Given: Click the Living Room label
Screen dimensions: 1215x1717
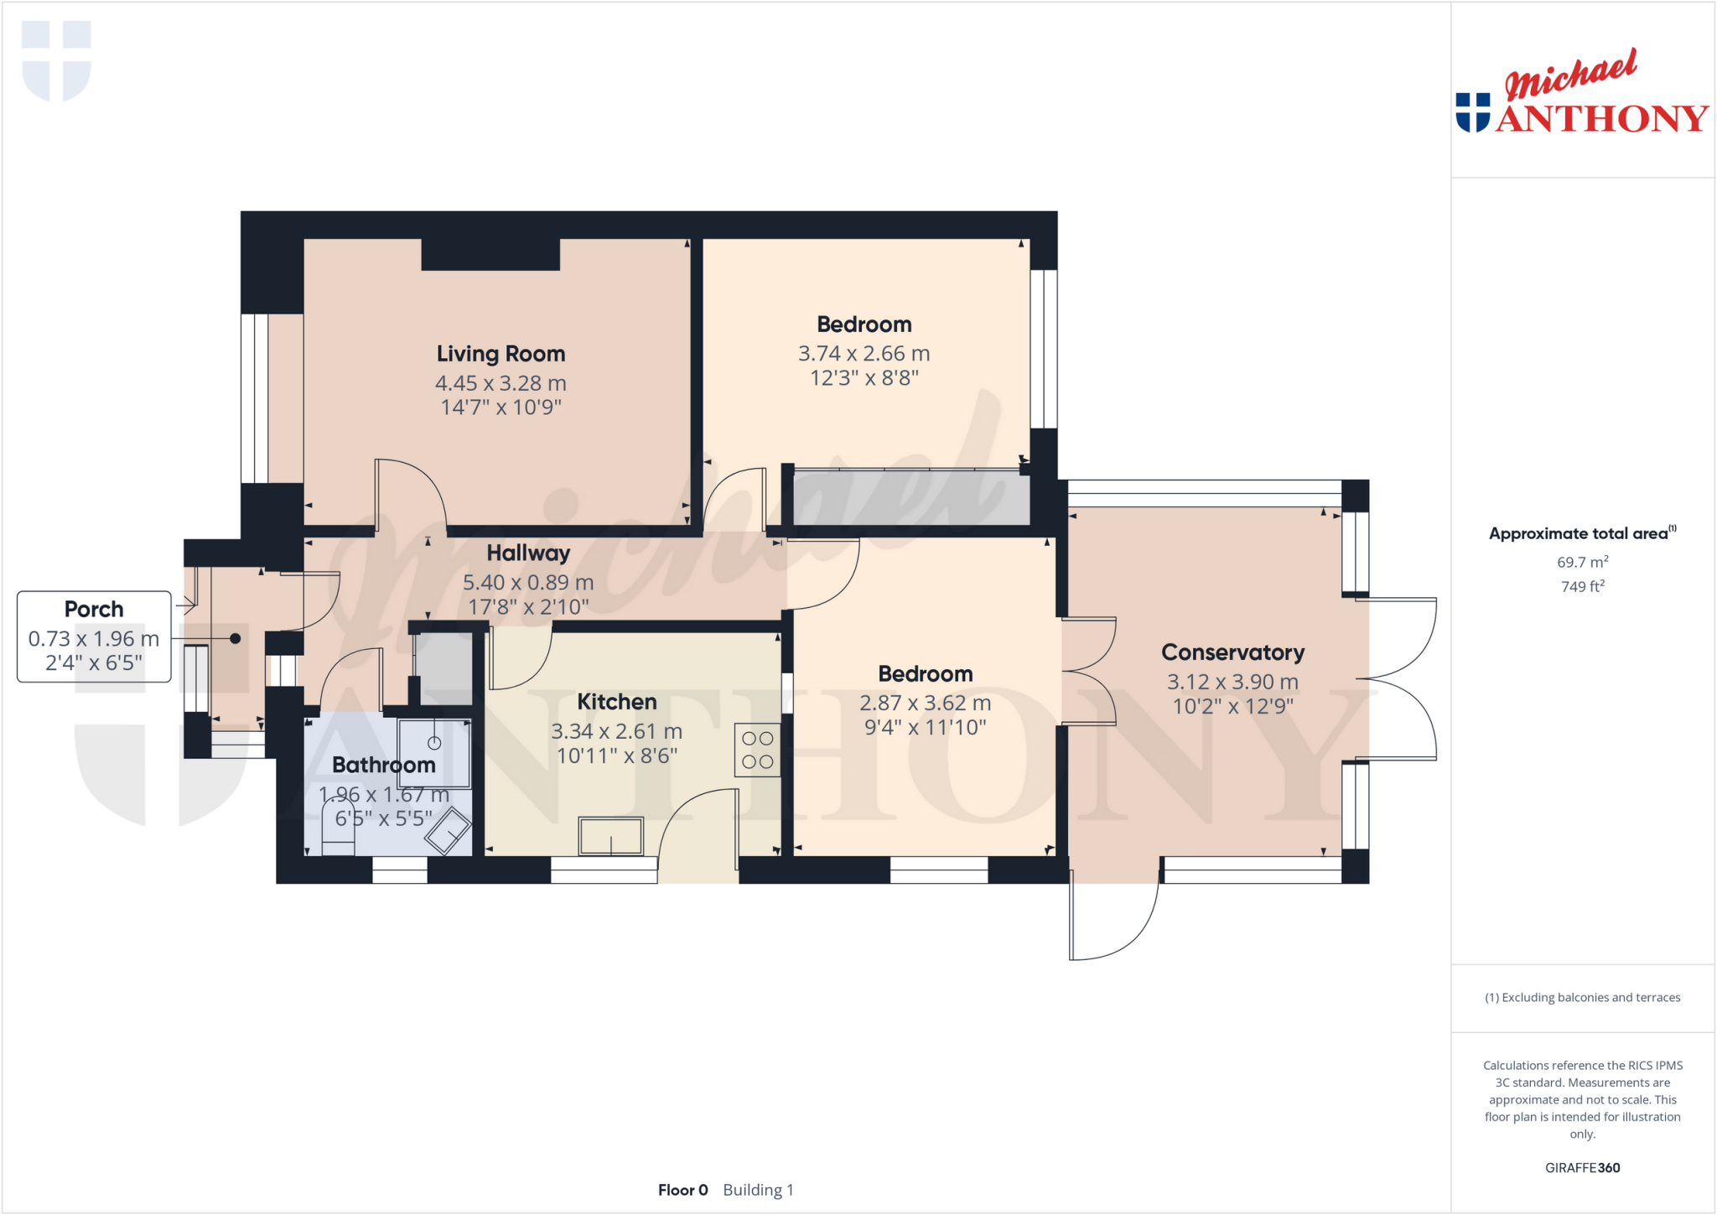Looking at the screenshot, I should (x=501, y=354).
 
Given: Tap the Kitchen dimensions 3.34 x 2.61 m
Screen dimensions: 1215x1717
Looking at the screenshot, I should (x=616, y=731).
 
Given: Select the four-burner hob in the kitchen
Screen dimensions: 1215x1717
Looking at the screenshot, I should (x=757, y=750).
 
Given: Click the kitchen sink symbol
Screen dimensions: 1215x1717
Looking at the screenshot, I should (x=611, y=836).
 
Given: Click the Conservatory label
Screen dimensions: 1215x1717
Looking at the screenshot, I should (x=1232, y=652).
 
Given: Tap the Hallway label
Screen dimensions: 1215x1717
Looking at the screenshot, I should (x=528, y=553).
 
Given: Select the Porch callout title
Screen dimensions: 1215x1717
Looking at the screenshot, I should (x=94, y=609).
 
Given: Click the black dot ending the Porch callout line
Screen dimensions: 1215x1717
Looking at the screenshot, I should (x=236, y=639).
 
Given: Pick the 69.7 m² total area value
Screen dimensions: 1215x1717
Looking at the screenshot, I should (x=1582, y=562).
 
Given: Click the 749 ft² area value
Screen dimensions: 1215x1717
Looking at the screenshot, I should (x=1582, y=586).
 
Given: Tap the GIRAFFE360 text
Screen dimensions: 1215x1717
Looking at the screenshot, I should (x=1582, y=1167).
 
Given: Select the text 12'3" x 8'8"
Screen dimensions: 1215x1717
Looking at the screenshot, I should (x=864, y=378).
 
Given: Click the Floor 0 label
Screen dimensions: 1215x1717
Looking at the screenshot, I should (x=682, y=1190).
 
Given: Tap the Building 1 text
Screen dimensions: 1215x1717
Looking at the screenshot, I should (x=758, y=1190).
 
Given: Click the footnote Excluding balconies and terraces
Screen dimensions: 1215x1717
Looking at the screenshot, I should (x=1582, y=997).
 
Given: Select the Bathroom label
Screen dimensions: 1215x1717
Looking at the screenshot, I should (x=383, y=765).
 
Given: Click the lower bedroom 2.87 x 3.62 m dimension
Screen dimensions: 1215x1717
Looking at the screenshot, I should (x=925, y=703).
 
